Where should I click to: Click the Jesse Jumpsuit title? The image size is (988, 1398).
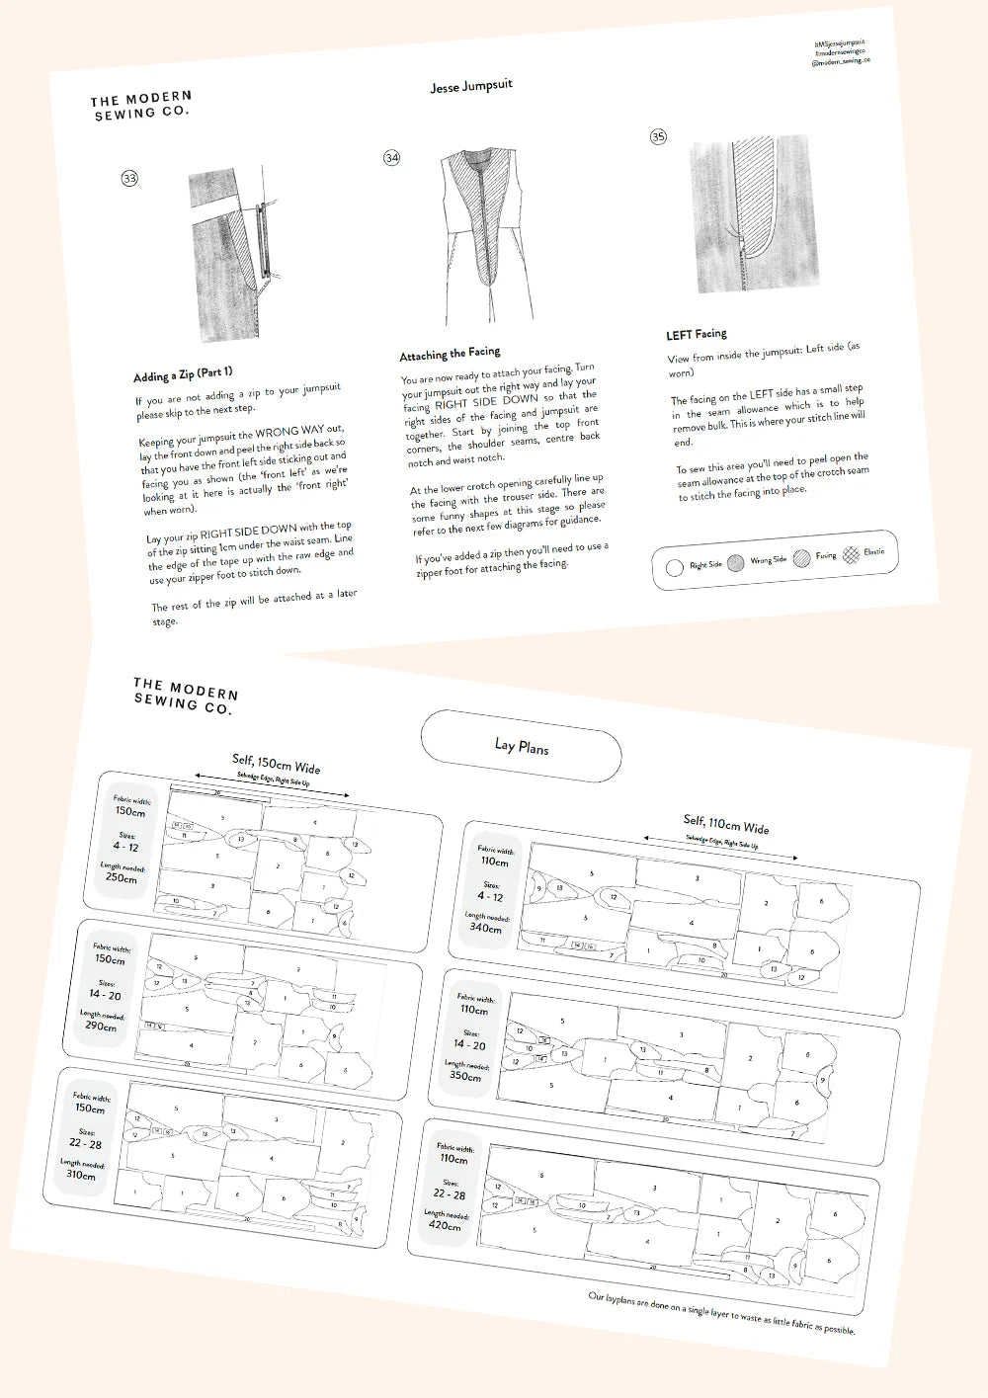(x=471, y=87)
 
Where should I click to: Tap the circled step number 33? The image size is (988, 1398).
(x=129, y=179)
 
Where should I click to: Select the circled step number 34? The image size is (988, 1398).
(x=392, y=158)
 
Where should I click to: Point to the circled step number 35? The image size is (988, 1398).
(x=658, y=137)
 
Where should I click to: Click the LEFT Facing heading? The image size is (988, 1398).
(x=697, y=334)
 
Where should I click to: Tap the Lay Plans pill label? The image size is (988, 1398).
(x=521, y=747)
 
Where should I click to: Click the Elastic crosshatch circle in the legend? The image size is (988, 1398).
(x=851, y=553)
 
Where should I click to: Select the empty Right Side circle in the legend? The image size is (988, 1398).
(x=675, y=567)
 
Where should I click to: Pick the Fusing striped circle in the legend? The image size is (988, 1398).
(x=801, y=558)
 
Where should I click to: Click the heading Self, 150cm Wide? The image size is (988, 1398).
(x=276, y=763)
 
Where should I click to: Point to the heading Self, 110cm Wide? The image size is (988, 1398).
(x=725, y=824)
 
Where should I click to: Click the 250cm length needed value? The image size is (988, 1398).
(x=121, y=877)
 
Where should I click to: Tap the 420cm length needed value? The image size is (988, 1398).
(x=445, y=1225)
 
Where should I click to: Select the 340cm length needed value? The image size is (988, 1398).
(x=485, y=928)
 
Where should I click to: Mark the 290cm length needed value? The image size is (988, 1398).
(x=100, y=1026)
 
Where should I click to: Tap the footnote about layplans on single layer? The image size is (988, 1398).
(x=721, y=1313)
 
